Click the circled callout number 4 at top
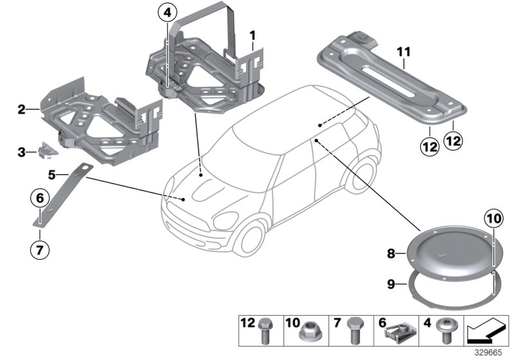167,12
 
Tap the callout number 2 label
21,110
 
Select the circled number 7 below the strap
40,248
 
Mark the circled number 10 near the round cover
492,219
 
